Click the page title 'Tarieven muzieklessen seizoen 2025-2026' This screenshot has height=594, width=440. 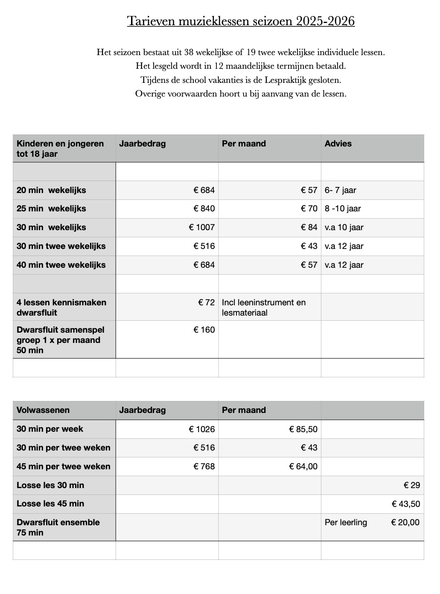[x=241, y=21]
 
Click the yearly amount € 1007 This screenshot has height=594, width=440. [x=202, y=227]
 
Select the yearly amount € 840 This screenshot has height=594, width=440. [x=204, y=208]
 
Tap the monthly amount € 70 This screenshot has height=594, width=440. [x=309, y=208]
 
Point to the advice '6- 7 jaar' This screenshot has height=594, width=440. [x=340, y=190]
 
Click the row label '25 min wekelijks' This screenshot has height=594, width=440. [x=51, y=208]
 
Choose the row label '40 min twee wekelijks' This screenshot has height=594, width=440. [x=61, y=265]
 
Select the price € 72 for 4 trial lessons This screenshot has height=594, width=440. [x=207, y=302]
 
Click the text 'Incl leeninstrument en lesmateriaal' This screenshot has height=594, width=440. [x=263, y=307]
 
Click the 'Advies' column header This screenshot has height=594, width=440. [x=338, y=143]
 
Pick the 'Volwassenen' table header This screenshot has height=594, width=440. [x=43, y=410]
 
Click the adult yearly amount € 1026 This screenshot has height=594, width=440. [x=202, y=429]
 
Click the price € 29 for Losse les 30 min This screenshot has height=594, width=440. [x=411, y=485]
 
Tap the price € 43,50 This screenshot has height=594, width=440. [x=405, y=504]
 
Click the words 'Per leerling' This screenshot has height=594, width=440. [x=346, y=522]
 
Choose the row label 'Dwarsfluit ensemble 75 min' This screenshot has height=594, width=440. [x=58, y=527]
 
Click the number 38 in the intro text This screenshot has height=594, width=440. [x=189, y=53]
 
